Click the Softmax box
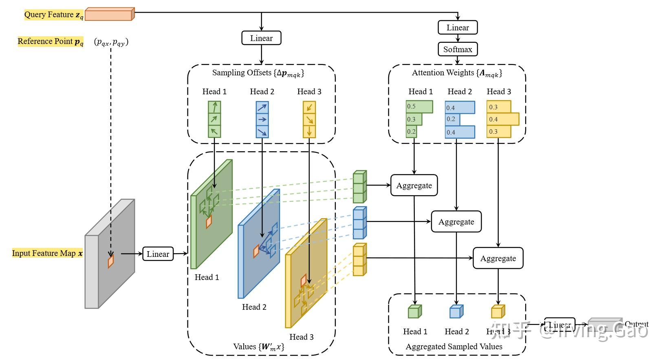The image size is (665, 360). [458, 49]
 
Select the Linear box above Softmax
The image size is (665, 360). [458, 28]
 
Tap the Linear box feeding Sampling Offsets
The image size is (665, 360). [261, 38]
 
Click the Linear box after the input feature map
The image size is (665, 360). [158, 254]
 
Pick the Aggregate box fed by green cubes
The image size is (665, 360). [414, 186]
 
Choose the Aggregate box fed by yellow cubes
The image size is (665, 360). [498, 258]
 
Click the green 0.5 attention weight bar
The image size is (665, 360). [419, 106]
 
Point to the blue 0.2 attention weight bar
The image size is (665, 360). [452, 119]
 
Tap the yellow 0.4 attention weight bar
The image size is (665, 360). [502, 119]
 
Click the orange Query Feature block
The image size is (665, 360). [109, 14]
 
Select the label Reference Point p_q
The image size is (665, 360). [51, 41]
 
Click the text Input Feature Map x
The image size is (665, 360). [47, 253]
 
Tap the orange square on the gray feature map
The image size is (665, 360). [110, 261]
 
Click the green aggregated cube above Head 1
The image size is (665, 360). [414, 312]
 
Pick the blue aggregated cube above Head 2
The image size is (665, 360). [456, 312]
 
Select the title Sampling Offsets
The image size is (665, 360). [258, 73]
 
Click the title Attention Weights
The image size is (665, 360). [457, 73]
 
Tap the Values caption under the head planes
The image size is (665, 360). [259, 347]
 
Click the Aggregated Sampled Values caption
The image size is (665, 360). [454, 347]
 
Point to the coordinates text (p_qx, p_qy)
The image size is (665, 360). [111, 42]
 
